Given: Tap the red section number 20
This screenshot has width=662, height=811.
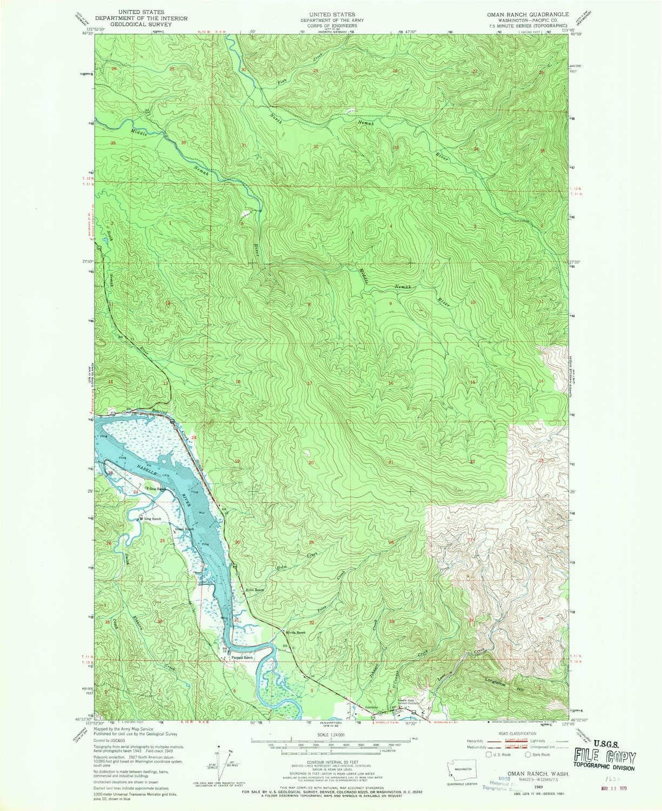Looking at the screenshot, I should click(311, 463).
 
